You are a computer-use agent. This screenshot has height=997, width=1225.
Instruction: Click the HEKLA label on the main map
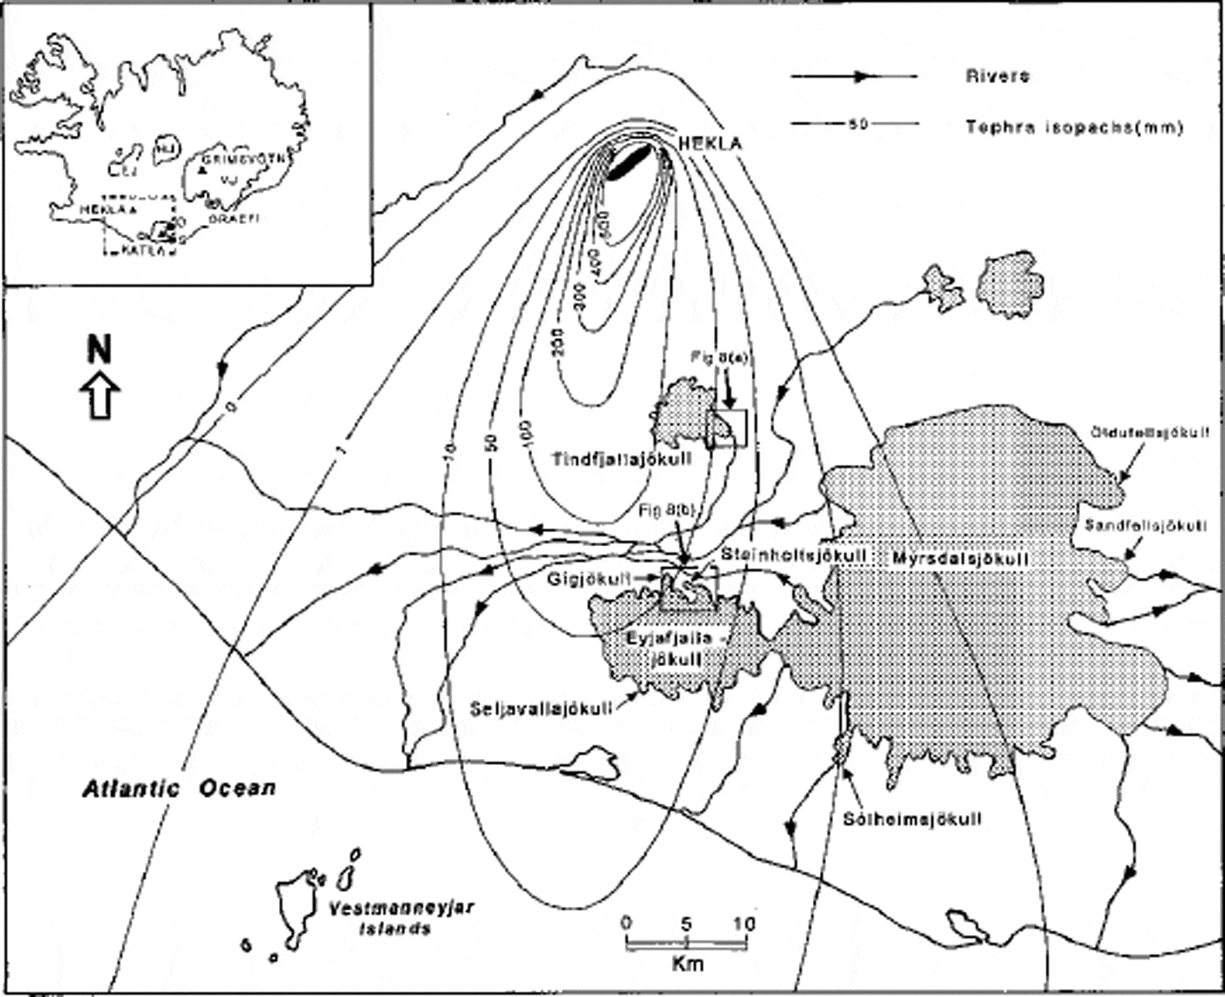tap(710, 143)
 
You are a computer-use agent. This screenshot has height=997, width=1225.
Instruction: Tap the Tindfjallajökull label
tap(623, 459)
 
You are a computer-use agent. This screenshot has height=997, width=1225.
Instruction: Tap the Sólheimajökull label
tap(912, 819)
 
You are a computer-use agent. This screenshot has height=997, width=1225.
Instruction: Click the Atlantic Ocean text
tap(179, 788)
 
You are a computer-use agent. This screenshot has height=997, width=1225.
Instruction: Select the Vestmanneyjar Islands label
tap(402, 918)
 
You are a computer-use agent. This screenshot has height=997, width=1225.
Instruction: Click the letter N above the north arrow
tap(100, 350)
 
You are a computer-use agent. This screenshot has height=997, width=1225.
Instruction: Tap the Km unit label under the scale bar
tap(688, 965)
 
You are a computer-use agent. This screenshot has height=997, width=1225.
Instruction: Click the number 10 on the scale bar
tap(745, 923)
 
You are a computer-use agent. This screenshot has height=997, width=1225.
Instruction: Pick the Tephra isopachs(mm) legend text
tap(1074, 127)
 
